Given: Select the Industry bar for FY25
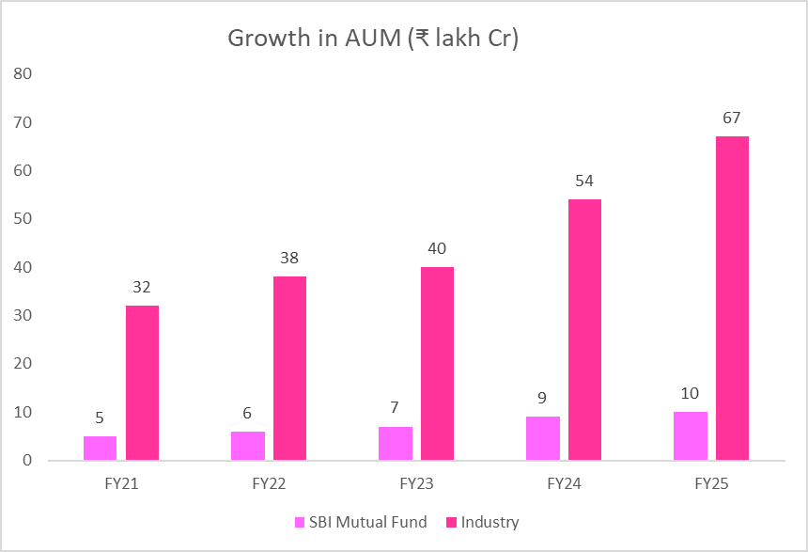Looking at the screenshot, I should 732,298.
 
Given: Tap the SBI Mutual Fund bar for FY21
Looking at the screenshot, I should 100,448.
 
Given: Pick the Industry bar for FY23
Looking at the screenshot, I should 437,363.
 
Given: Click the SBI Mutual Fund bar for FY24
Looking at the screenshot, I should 543,438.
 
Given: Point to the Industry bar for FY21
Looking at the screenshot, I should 142,383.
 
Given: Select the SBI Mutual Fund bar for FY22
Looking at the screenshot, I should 248,446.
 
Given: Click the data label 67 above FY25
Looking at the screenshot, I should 732,118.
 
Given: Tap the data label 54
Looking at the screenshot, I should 584,181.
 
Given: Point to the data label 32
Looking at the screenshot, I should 142,288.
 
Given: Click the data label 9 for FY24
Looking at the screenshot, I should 543,399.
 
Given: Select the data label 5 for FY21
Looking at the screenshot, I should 100,418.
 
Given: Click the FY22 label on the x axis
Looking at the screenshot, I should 268,485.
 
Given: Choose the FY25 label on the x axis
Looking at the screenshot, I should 710,485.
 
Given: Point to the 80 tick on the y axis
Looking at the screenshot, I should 23,73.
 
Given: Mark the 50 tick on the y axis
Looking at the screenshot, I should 23,218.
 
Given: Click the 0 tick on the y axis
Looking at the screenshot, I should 27,461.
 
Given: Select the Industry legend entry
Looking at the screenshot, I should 483,522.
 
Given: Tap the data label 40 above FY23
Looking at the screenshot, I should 437,249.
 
